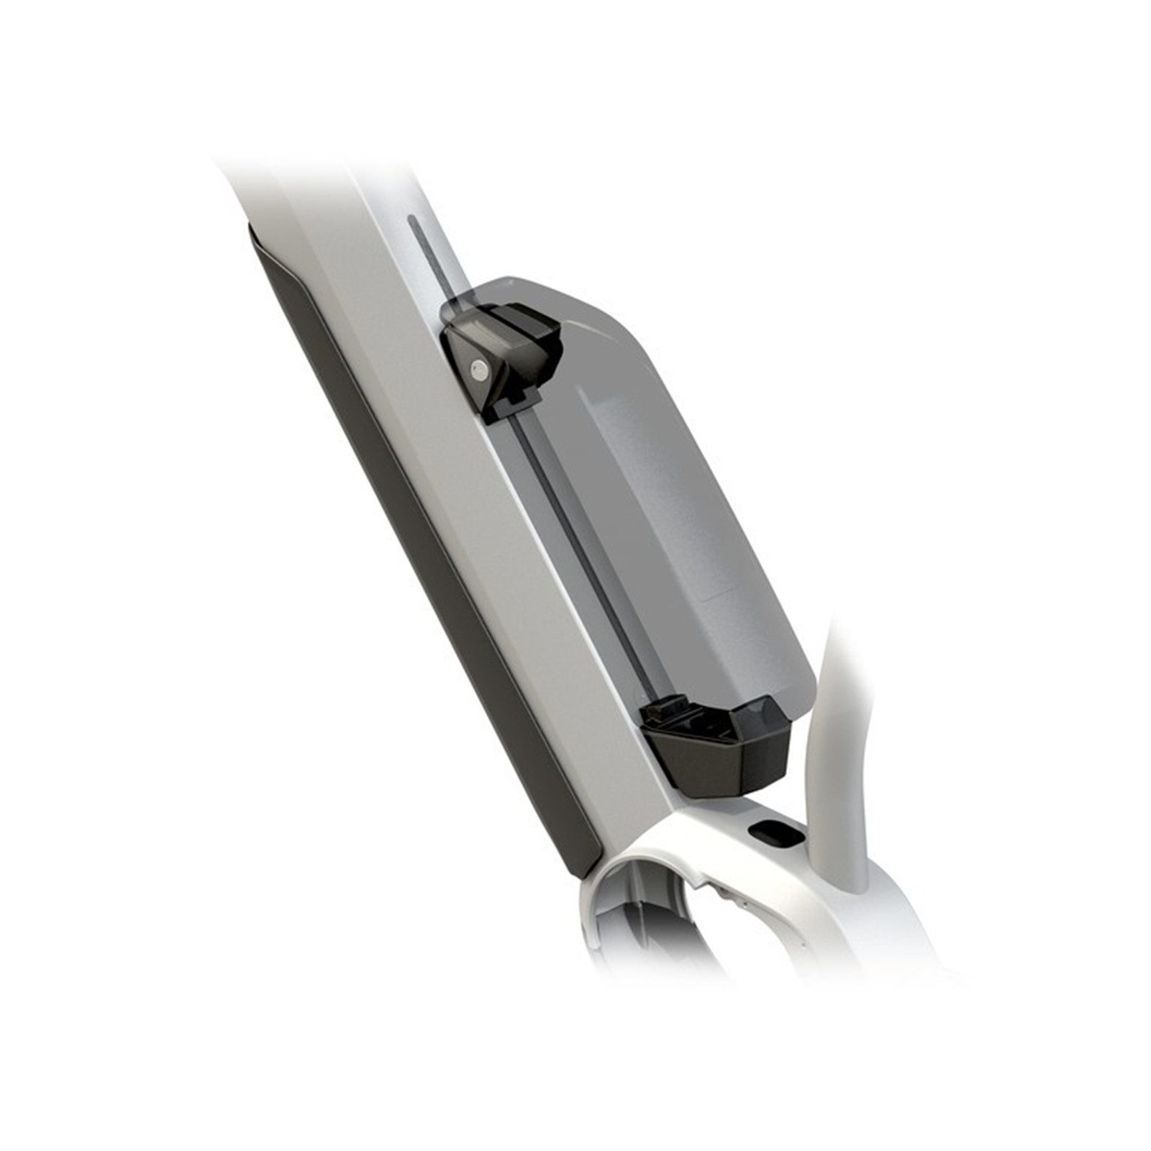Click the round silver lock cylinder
pyautogui.click(x=476, y=370)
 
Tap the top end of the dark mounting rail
pyautogui.click(x=411, y=223)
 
